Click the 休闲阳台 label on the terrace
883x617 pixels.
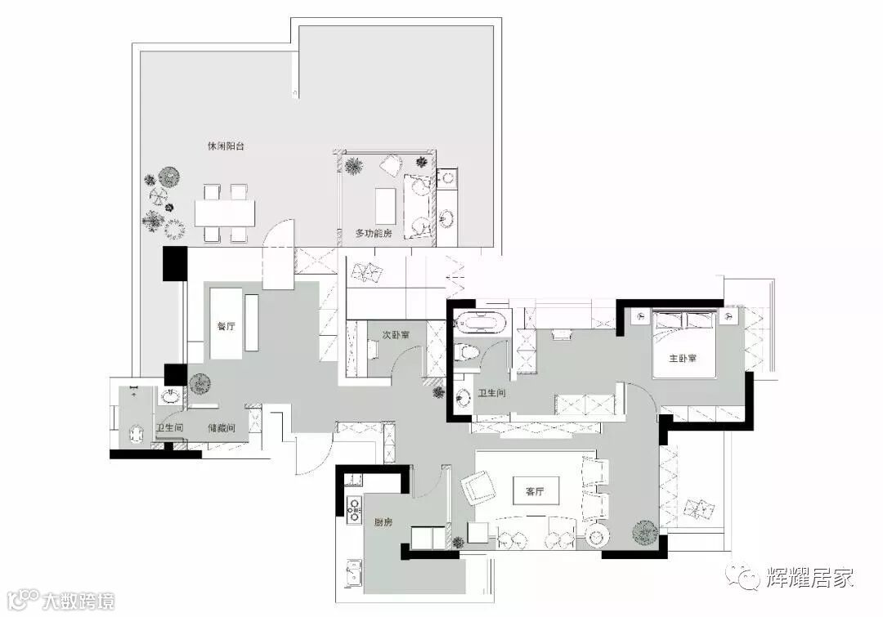coord(226,146)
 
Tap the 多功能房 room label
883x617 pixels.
coord(374,233)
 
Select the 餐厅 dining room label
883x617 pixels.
coord(226,326)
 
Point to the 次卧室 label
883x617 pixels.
coord(396,335)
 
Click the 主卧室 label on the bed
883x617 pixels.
coord(683,358)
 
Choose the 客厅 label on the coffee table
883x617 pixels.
coord(535,492)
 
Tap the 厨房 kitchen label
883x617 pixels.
coord(383,522)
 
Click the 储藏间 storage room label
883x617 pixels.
coord(222,428)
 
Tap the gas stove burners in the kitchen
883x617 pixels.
coord(354,507)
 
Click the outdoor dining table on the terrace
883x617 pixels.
coord(225,212)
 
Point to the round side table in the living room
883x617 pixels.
coord(596,536)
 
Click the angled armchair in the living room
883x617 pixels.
coord(478,489)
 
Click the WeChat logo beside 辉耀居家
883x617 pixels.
coord(744,577)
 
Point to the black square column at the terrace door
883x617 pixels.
coord(175,263)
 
